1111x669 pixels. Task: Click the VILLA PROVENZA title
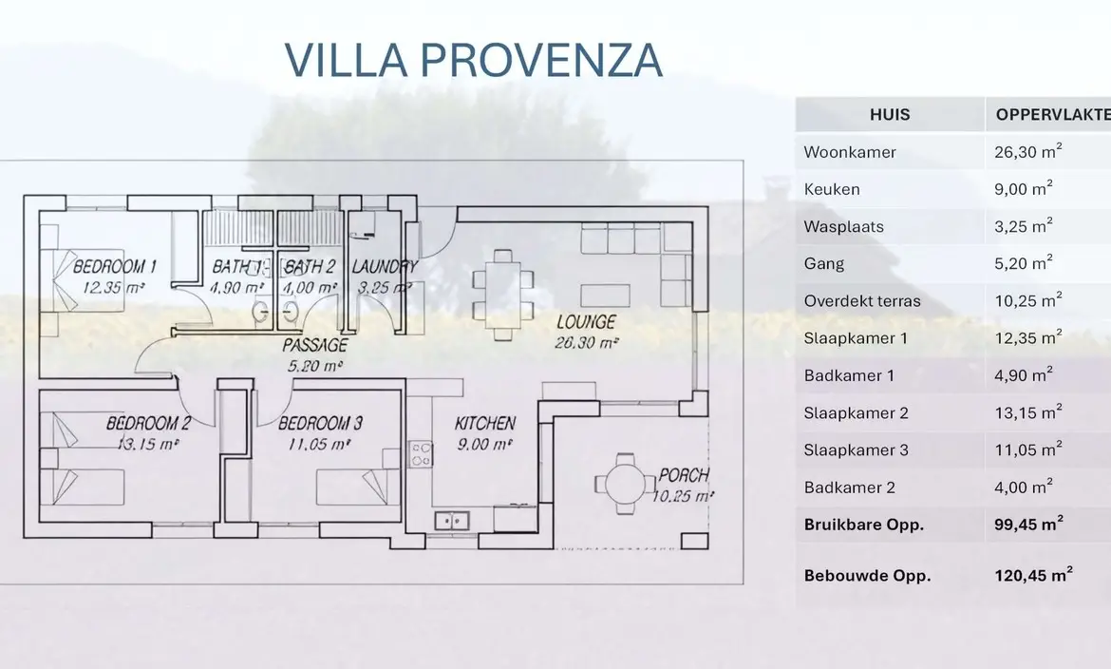point(473,60)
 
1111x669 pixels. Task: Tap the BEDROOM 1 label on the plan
point(114,267)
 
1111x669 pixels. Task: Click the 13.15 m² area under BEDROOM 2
point(147,444)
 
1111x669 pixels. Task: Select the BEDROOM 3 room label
point(320,424)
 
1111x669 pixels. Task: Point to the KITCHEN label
point(484,424)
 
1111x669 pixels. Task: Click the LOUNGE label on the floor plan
point(586,322)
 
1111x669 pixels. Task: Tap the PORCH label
point(684,474)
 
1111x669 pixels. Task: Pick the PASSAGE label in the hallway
point(315,346)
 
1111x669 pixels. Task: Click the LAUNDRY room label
point(384,267)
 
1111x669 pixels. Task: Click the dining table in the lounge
point(503,296)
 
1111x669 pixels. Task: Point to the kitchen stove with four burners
point(421,454)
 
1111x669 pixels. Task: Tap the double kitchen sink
point(451,521)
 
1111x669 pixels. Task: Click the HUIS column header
point(890,115)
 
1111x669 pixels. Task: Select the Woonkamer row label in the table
point(850,153)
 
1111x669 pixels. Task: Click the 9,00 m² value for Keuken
point(1023,189)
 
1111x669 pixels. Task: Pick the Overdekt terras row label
point(862,301)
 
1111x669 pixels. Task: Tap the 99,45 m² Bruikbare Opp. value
point(1028,525)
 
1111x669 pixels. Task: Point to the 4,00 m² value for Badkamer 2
point(1023,487)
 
